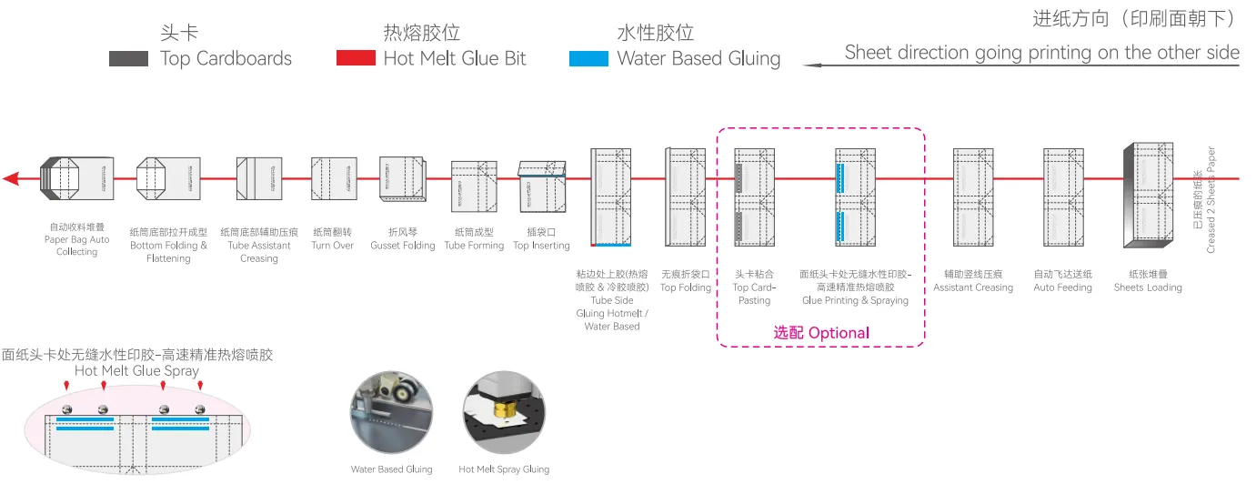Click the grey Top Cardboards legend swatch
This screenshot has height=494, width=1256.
point(128,59)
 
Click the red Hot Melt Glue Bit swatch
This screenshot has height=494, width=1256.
point(356,57)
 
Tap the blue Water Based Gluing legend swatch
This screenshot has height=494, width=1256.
point(588,58)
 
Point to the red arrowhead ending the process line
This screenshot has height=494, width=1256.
point(11,179)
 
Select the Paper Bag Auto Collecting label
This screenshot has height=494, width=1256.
point(76,245)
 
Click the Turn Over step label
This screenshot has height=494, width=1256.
point(333,245)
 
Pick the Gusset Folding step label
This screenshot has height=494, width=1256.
point(403,245)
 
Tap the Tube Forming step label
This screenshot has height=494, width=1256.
point(474,245)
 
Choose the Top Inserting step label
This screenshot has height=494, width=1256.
point(541,245)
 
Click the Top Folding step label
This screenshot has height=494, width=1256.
point(685,287)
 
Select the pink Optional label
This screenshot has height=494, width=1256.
point(821,332)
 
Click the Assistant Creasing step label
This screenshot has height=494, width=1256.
point(973,287)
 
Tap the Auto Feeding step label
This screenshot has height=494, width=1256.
point(1062,287)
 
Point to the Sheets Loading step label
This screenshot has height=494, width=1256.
point(1148,287)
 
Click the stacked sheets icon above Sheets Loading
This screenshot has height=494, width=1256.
point(1149,195)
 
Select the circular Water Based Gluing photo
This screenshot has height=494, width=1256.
point(391,412)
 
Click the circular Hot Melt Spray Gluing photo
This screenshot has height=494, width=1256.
point(504,412)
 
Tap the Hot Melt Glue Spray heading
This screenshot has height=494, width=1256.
point(136,370)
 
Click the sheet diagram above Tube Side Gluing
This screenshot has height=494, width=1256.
point(610,197)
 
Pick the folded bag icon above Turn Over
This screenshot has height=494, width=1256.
point(334,179)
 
